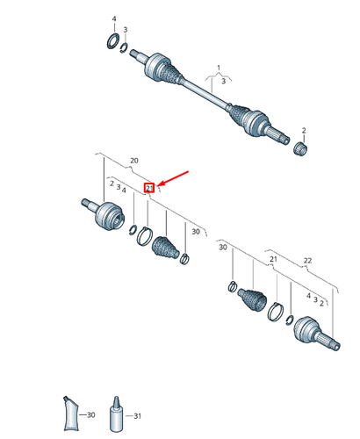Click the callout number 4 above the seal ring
click(x=114, y=19)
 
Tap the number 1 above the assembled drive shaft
click(x=219, y=68)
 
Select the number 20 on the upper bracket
click(x=134, y=161)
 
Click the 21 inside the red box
click(x=149, y=188)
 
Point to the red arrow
click(x=173, y=178)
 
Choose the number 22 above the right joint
click(x=307, y=261)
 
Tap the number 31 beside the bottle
click(x=137, y=416)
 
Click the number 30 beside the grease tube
click(x=91, y=414)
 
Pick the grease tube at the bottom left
click(x=71, y=414)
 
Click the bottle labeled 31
click(x=117, y=414)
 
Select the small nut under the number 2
click(x=300, y=148)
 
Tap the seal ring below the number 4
click(x=112, y=41)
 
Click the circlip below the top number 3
click(x=125, y=48)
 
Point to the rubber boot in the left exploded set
click(x=165, y=248)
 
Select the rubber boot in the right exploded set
click(x=252, y=299)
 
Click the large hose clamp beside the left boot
click(x=145, y=236)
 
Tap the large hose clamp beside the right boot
click(x=276, y=312)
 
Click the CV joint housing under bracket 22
click(x=315, y=334)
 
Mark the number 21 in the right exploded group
click(x=273, y=259)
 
